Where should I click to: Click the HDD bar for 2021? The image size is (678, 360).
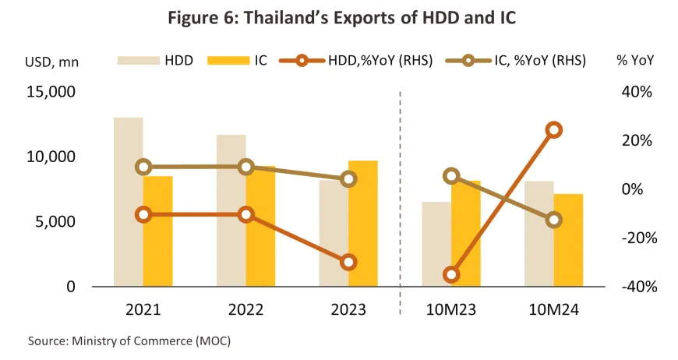[128, 202]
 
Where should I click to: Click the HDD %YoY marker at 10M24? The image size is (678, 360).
[554, 130]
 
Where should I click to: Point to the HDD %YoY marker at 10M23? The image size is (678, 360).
[451, 274]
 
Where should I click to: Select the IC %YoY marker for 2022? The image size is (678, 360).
[246, 166]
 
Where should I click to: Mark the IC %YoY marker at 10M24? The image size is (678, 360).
[554, 220]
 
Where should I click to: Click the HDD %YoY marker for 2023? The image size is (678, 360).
[348, 262]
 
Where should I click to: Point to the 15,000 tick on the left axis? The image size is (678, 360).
[51, 92]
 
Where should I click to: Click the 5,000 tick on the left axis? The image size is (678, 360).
[55, 221]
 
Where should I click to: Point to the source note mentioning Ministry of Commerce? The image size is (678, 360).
[129, 341]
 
